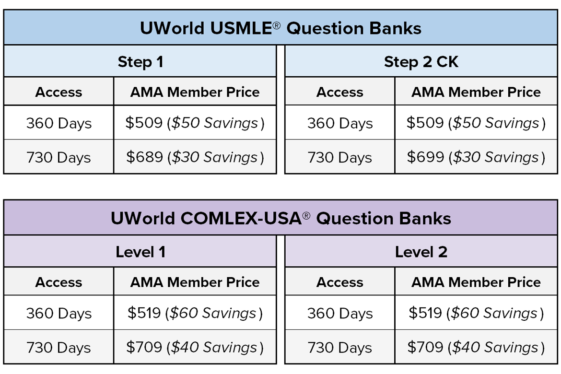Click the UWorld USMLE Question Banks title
280,28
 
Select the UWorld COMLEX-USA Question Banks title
281,218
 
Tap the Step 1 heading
140,62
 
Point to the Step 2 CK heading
421,62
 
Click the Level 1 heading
140,252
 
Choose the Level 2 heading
421,252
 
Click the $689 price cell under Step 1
195,157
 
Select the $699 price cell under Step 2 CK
476,157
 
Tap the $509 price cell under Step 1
195,123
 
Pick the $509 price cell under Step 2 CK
476,123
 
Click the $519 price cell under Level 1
195,313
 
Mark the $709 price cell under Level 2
476,347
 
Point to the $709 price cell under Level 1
195,347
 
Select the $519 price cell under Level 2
476,313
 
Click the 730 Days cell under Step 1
58,157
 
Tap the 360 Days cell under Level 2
340,314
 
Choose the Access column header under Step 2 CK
340,93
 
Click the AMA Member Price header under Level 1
195,282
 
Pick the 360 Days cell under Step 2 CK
340,124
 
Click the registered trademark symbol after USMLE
277,25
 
